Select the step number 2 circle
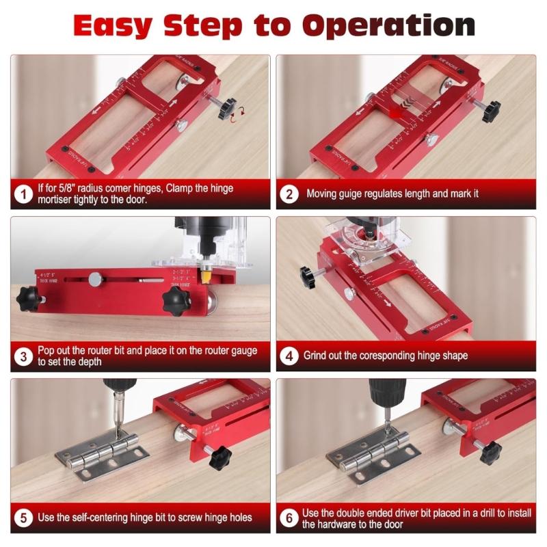(289, 194)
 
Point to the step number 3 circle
(23, 356)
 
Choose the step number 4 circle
(289, 356)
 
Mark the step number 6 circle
(289, 518)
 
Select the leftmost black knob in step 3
(28, 298)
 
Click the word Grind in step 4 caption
(320, 356)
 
